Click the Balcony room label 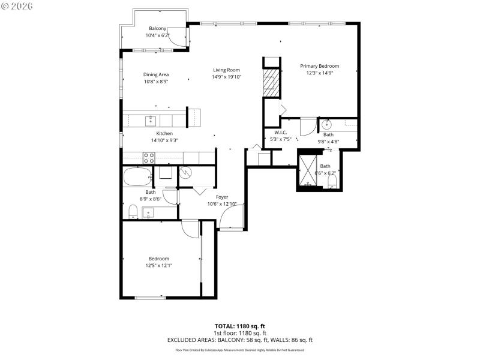pyautogui.click(x=158, y=28)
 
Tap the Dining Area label pyautogui.click(x=156, y=74)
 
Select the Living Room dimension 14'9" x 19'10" pyautogui.click(x=226, y=77)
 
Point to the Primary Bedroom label pyautogui.click(x=320, y=66)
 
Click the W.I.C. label pyautogui.click(x=281, y=133)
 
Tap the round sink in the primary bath pyautogui.click(x=328, y=125)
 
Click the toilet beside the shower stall pyautogui.click(x=332, y=181)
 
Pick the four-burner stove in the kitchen pyautogui.click(x=149, y=158)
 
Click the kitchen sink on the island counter pyautogui.click(x=150, y=121)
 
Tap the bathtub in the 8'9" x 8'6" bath pyautogui.click(x=137, y=178)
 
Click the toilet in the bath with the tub pyautogui.click(x=133, y=211)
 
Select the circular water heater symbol pyautogui.click(x=185, y=173)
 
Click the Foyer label pyautogui.click(x=222, y=196)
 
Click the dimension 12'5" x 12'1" pyautogui.click(x=158, y=265)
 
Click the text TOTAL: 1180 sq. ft pyautogui.click(x=240, y=326)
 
